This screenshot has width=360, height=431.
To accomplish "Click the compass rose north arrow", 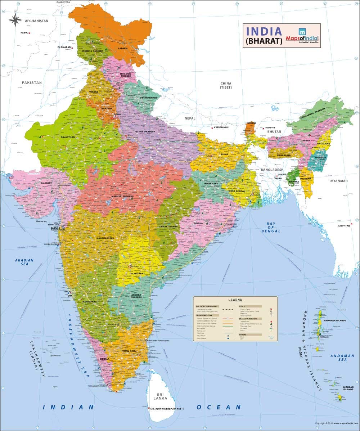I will (x=15, y=20).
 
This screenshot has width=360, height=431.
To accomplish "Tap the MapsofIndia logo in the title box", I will (x=302, y=35).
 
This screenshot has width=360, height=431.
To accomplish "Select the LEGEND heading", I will (x=235, y=300).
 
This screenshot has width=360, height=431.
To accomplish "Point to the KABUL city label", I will (x=24, y=33).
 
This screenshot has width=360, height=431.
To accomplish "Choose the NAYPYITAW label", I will (x=344, y=226).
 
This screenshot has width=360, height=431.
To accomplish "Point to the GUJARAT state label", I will (x=46, y=183).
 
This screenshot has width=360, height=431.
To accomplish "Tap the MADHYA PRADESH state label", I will (x=122, y=196).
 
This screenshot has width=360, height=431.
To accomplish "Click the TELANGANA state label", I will (x=136, y=274).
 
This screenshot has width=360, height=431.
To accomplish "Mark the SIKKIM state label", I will (x=251, y=123).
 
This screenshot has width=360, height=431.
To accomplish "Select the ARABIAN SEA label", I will (x=24, y=262).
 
